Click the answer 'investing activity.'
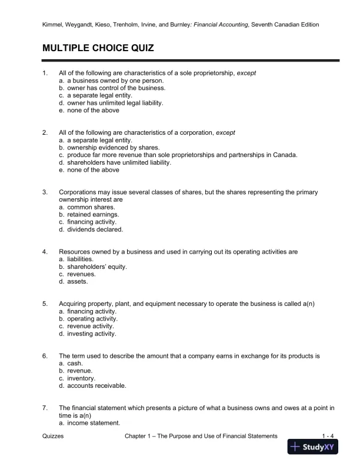point(91,334)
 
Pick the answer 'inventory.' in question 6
point(79,378)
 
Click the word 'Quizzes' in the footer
point(54,435)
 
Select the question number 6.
point(45,356)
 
